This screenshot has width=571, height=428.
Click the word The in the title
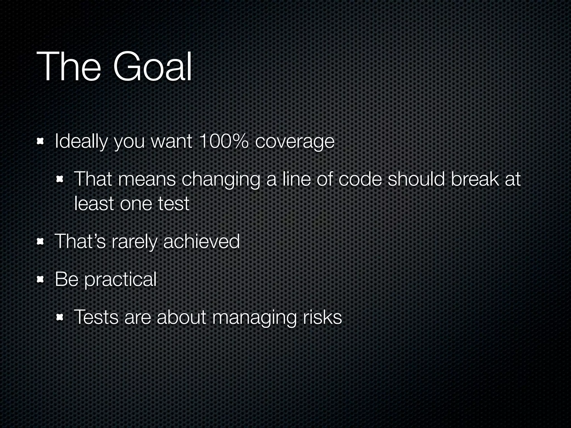click(68, 67)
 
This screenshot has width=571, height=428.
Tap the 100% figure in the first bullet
click(223, 141)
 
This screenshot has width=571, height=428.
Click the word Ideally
click(81, 142)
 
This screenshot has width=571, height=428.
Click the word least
click(94, 203)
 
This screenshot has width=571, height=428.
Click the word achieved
click(201, 241)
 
